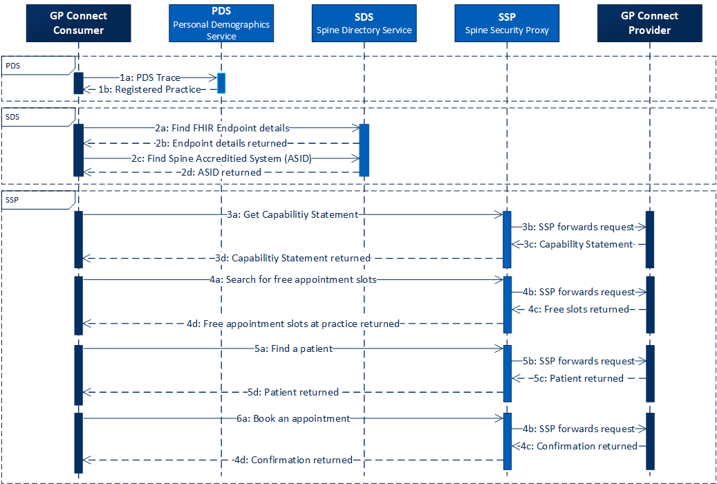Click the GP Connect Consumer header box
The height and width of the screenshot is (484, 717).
pos(78,23)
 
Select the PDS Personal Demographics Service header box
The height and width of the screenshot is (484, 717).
pos(221,23)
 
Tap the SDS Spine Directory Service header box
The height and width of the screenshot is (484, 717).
pos(364,23)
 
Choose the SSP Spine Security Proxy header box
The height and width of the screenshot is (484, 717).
pos(507,23)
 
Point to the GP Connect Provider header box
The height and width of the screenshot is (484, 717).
pos(650,23)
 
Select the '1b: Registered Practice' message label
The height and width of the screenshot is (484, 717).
pos(149,89)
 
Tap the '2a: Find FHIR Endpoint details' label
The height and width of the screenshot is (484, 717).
pos(222,128)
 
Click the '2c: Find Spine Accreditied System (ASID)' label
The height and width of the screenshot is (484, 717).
pos(222,158)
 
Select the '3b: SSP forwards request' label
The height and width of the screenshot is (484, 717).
pos(579,227)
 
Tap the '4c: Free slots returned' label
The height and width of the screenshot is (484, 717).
pos(578,309)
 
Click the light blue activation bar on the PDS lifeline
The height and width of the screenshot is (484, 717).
pos(221,83)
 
